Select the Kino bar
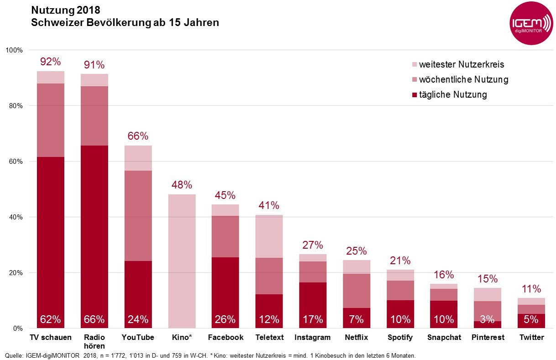pyautogui.click(x=182, y=261)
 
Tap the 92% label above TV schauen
pyautogui.click(x=51, y=62)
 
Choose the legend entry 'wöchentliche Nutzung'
pyautogui.click(x=463, y=80)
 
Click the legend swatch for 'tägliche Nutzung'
pyautogui.click(x=414, y=95)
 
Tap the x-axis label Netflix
pyautogui.click(x=357, y=338)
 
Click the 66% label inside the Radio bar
pyautogui.click(x=94, y=319)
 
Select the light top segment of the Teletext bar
pyautogui.click(x=269, y=236)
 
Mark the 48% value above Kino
pyautogui.click(x=182, y=185)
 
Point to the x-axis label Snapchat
pyautogui.click(x=444, y=338)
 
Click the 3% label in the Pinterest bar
pyautogui.click(x=488, y=319)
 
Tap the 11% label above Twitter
pyautogui.click(x=531, y=289)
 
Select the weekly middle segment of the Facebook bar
pyautogui.click(x=226, y=236)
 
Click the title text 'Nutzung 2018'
pyautogui.click(x=65, y=10)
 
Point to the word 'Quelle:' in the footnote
pyautogui.click(x=14, y=355)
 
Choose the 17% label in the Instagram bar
pyautogui.click(x=313, y=319)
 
